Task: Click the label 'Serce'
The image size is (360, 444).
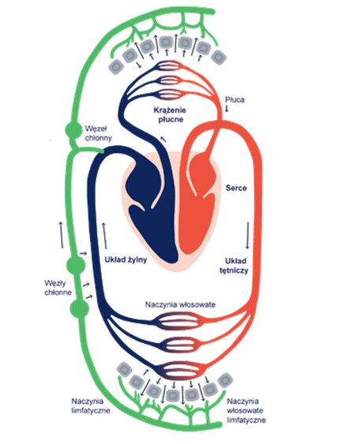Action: (x=236, y=188)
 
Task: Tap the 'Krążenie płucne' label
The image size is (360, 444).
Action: (x=168, y=114)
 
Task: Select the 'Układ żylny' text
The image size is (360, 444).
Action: (x=126, y=259)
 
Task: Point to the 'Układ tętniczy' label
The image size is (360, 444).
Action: (x=234, y=266)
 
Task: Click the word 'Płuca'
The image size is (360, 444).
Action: (x=234, y=99)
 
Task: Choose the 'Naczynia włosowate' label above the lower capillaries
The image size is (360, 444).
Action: (x=180, y=304)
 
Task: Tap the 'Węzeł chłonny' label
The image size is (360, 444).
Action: (x=99, y=133)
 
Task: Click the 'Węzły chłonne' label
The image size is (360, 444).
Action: (x=58, y=287)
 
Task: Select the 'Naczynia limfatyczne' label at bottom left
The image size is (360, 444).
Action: (x=91, y=406)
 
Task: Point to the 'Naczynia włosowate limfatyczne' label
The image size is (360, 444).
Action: (x=246, y=410)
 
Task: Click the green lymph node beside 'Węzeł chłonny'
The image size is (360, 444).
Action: (x=73, y=130)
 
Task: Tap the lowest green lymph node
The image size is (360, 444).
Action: (x=79, y=308)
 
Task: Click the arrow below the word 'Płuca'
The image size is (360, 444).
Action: (x=227, y=109)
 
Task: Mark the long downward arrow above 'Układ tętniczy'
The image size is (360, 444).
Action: (x=247, y=236)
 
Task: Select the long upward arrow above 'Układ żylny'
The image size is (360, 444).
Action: (x=104, y=236)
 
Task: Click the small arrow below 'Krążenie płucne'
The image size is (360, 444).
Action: (x=163, y=139)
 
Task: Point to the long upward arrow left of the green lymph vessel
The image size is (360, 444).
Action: (x=62, y=235)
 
